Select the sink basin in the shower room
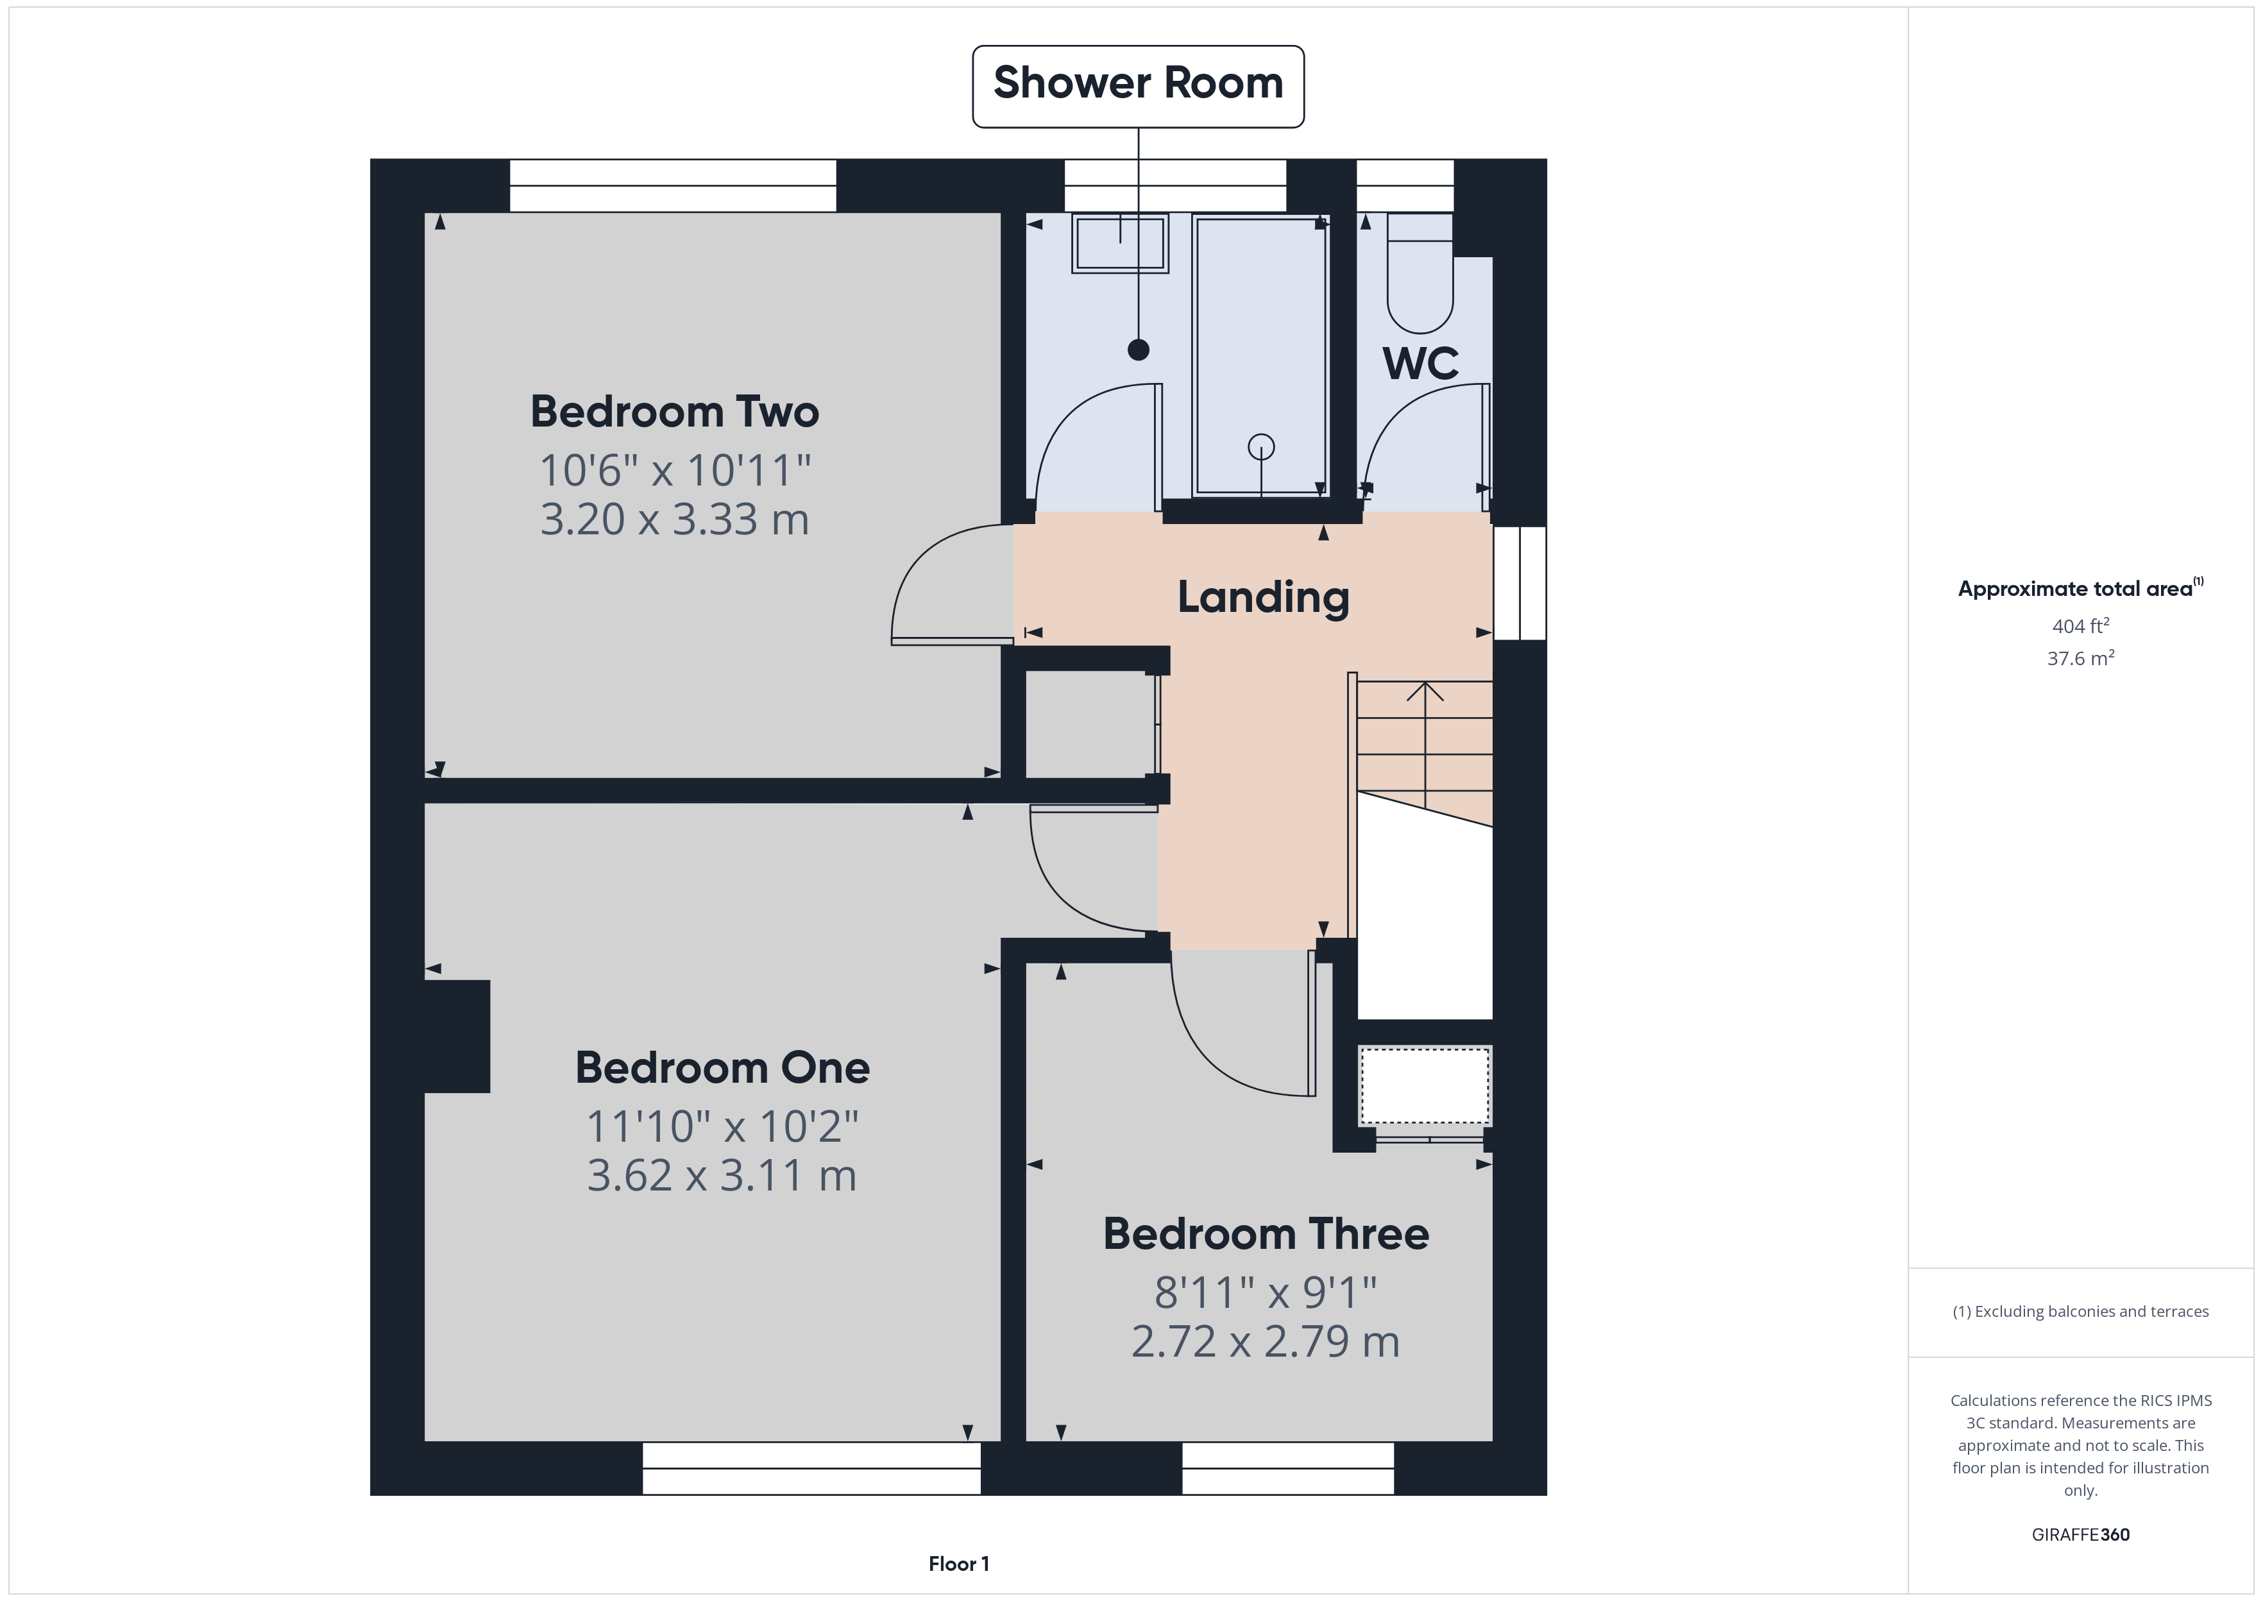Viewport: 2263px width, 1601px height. [x=1120, y=242]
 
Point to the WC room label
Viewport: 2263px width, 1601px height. [x=1420, y=364]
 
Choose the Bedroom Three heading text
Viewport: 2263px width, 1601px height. [x=1266, y=1234]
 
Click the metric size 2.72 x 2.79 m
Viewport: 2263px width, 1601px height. [x=1266, y=1342]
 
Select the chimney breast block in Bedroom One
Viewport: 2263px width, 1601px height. [x=457, y=1036]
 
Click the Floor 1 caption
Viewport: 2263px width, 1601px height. [x=958, y=1564]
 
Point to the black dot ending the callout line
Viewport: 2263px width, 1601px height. [x=1139, y=349]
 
